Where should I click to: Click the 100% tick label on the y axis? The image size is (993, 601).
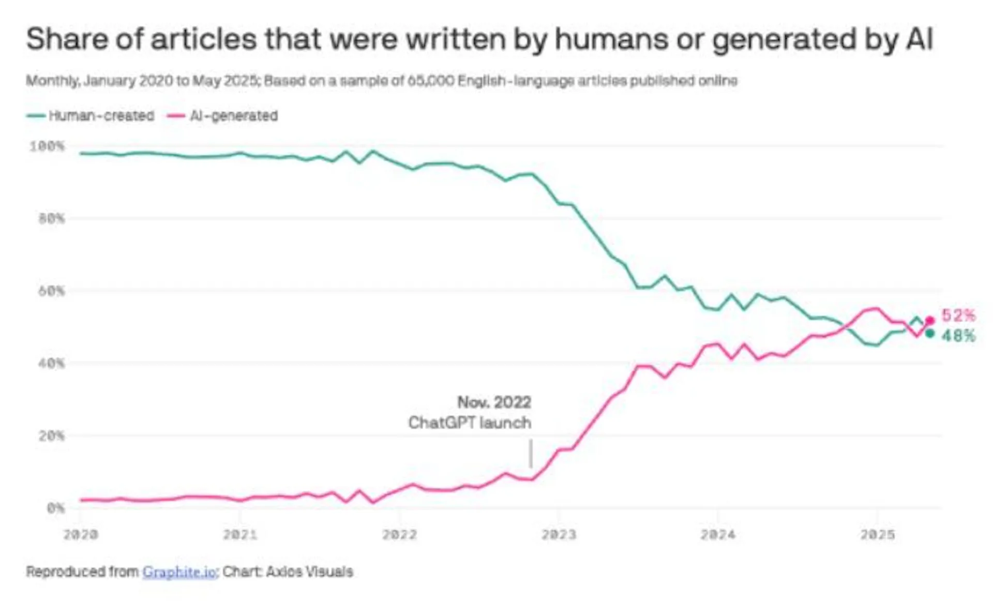click(x=48, y=146)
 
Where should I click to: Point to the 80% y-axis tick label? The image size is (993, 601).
click(x=52, y=219)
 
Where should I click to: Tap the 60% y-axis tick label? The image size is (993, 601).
click(x=52, y=291)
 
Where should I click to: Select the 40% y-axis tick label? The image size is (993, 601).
click(x=52, y=364)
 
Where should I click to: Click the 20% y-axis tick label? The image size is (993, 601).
click(x=52, y=436)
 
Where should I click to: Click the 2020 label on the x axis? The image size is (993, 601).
click(x=81, y=535)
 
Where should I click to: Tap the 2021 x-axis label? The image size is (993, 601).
click(x=240, y=535)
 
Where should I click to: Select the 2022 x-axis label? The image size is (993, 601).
click(x=399, y=535)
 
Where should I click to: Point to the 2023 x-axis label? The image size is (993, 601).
click(x=559, y=535)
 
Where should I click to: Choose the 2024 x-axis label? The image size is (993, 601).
click(x=718, y=535)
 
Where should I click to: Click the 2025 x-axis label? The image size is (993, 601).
click(x=877, y=535)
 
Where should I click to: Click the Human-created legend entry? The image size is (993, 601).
click(x=91, y=115)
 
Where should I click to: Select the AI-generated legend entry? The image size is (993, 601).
click(x=222, y=115)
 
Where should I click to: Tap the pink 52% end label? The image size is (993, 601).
click(x=958, y=315)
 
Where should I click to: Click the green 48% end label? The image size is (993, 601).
click(x=958, y=336)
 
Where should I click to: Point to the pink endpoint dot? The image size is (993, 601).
click(x=930, y=321)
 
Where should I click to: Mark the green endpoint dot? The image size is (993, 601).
click(x=930, y=334)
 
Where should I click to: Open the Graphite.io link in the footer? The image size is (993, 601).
click(x=179, y=572)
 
